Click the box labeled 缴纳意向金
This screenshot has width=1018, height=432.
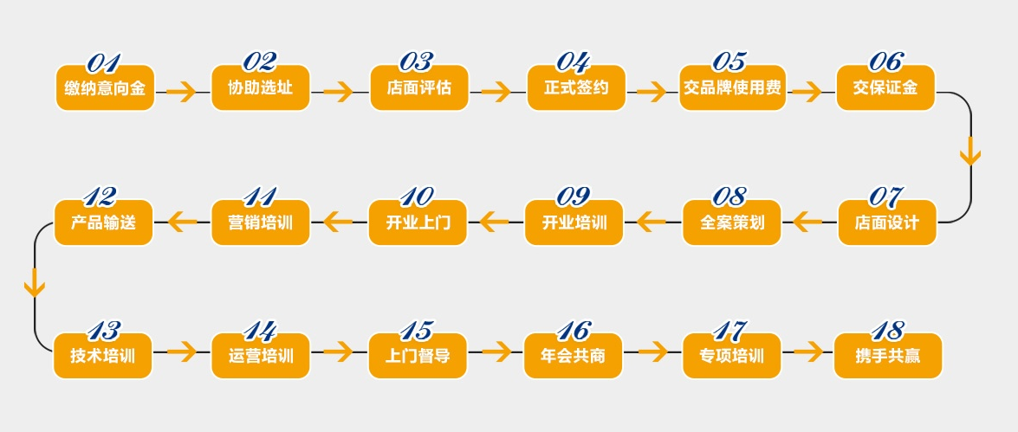point(105,87)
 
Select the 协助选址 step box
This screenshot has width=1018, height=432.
point(260,87)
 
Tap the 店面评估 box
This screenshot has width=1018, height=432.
point(418,87)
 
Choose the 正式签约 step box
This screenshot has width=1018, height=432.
point(575,87)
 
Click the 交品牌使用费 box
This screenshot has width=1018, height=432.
point(732,87)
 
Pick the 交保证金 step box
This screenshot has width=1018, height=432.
point(885,87)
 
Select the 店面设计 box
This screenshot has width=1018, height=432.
point(886,222)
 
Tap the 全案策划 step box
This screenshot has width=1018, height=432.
point(731,222)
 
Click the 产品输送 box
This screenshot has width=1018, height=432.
point(103,222)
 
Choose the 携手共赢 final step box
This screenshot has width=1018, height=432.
point(887,356)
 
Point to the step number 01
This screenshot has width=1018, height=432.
point(103,62)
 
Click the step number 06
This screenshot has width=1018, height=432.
point(885,61)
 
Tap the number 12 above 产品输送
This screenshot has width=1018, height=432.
point(100,197)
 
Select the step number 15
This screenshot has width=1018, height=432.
point(416,331)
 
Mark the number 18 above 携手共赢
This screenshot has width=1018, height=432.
point(887,331)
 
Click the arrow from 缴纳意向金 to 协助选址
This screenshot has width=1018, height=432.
point(182,91)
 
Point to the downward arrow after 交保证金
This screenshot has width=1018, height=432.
point(970,151)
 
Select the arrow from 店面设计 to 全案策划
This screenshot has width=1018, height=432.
point(807,222)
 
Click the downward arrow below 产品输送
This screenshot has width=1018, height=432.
point(35,283)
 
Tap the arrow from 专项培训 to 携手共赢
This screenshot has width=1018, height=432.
point(808,351)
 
